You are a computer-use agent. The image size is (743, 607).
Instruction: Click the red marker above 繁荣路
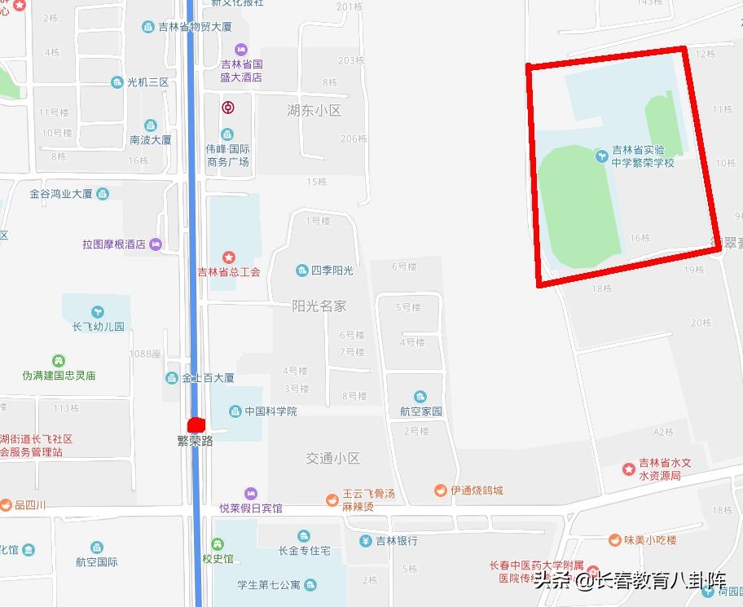195,424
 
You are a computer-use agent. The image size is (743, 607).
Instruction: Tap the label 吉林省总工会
229,272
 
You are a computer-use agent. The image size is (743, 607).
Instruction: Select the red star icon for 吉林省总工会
229,258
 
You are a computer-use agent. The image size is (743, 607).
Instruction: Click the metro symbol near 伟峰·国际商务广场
230,108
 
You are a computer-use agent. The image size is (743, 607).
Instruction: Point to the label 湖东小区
314,110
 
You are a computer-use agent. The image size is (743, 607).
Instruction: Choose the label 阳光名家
319,306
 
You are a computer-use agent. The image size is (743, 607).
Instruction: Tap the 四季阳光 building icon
301,271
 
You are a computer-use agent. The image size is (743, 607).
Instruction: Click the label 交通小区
332,459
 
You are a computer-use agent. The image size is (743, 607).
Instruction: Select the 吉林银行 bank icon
366,540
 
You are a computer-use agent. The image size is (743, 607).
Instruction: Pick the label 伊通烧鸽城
477,490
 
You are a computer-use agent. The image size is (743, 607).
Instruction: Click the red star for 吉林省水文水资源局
628,468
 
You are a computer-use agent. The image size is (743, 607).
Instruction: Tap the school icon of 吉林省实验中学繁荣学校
601,153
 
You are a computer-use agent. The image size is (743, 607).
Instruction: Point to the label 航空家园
421,411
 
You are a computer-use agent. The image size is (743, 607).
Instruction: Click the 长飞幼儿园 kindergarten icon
97,312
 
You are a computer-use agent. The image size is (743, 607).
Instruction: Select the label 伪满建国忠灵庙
59,376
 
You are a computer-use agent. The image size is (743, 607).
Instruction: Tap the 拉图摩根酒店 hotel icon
156,244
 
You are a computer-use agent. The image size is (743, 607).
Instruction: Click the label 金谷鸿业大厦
61,194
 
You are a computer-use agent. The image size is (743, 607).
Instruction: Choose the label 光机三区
148,82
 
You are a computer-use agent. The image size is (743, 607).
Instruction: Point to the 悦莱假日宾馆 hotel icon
250,494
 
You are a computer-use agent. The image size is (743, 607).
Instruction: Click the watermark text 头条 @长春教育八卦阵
629,581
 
